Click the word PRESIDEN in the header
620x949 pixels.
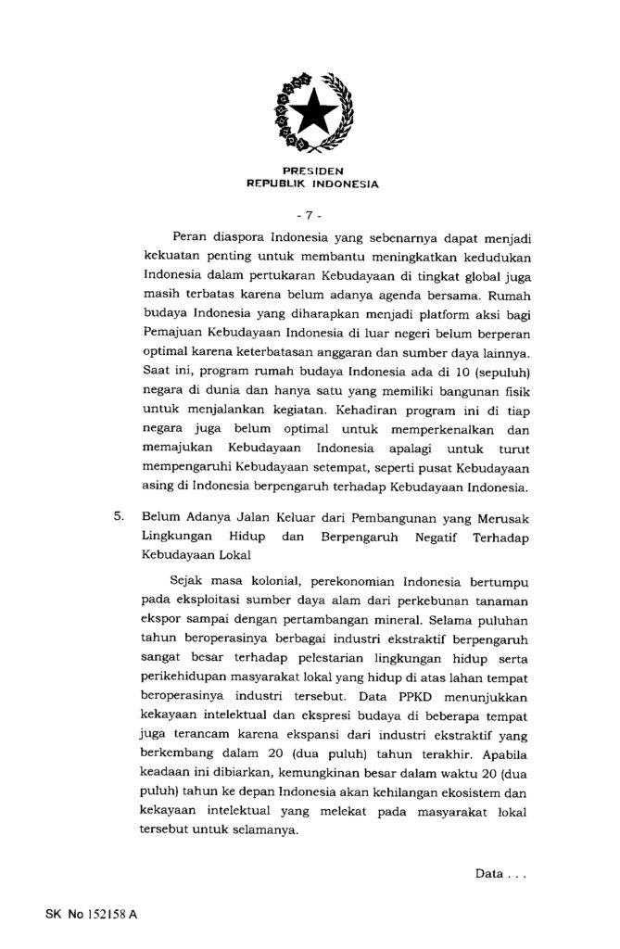(311, 171)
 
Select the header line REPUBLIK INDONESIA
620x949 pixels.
(311, 183)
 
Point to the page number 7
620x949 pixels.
(311, 215)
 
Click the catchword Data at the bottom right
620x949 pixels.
(490, 874)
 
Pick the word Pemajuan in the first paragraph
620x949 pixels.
(173, 335)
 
